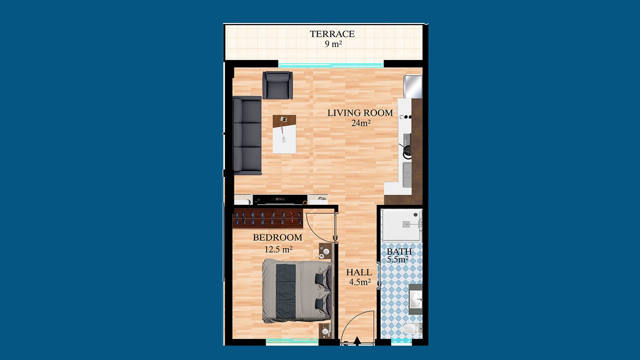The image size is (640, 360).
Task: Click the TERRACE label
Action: click(332, 34)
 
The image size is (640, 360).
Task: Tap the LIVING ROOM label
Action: click(360, 113)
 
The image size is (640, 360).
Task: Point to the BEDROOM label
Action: click(278, 238)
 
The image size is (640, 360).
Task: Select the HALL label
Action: click(359, 272)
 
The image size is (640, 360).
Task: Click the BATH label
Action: click(399, 252)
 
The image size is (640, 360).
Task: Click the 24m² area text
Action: click(361, 123)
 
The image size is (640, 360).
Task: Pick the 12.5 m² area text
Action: click(278, 249)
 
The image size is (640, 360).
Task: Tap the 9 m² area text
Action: click(333, 44)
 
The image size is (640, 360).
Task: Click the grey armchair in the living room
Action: click(278, 85)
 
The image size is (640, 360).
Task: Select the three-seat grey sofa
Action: click(247, 136)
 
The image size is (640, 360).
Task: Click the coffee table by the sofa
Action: click(284, 134)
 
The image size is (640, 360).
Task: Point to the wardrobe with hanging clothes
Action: click(268, 219)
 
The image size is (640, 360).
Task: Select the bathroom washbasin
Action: click(416, 299)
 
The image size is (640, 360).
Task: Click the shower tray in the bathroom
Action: click(402, 225)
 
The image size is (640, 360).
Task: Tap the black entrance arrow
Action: click(357, 341)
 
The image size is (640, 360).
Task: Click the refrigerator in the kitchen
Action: click(413, 86)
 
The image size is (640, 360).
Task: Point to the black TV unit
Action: click(280, 200)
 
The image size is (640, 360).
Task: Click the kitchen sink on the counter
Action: click(407, 175)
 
